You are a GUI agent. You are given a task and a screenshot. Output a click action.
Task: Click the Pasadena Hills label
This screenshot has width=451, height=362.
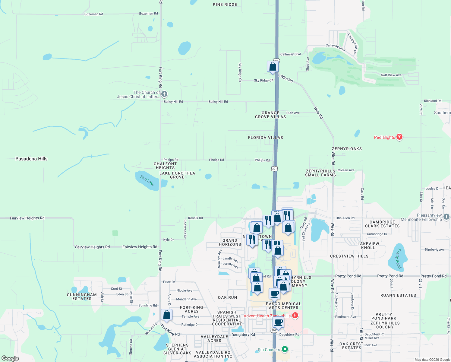31,159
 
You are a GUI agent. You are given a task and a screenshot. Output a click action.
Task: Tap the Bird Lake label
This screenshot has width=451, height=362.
147,181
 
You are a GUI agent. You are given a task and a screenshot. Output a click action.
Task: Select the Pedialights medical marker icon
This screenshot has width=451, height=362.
399,137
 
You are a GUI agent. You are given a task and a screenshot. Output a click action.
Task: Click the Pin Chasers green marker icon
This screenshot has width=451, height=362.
285,349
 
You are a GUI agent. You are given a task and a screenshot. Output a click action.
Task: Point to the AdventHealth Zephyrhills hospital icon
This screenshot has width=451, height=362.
295,316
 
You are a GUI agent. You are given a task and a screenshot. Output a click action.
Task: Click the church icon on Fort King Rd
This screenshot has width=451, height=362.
164,94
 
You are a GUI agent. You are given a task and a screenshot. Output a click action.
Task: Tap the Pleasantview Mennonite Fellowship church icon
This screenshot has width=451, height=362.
446,217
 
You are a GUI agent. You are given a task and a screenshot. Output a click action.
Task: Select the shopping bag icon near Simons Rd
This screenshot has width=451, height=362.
166,315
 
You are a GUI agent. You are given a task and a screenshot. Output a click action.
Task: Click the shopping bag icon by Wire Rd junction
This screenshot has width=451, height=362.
273,66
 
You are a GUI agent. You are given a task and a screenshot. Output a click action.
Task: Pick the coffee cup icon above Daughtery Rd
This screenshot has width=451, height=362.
278,322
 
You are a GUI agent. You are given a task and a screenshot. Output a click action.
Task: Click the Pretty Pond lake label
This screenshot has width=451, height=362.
399,259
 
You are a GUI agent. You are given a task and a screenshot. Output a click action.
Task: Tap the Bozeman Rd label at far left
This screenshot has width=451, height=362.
93,14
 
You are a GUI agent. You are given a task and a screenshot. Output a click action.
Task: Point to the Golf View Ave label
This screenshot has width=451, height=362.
391,75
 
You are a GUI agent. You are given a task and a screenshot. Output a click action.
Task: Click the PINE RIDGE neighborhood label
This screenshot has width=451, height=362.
225,5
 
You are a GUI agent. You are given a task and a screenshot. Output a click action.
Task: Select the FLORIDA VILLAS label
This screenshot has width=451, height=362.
265,138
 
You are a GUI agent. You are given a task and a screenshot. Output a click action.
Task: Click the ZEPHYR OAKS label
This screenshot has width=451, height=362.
347,149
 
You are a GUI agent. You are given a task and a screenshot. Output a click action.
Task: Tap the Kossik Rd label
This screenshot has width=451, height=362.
195,218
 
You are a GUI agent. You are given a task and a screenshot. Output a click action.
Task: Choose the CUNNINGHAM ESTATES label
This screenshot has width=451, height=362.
82,297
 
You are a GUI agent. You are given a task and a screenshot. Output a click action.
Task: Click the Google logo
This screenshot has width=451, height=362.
10,358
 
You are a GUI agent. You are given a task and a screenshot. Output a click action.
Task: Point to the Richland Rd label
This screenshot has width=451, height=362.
433,101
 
